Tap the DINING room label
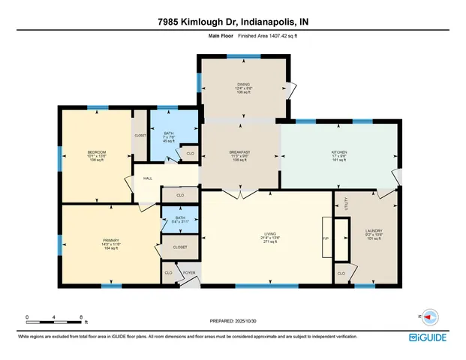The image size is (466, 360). [x=242, y=85]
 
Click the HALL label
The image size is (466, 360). [x=148, y=178]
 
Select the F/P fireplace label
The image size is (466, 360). [x=326, y=238]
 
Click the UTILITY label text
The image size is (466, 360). [x=346, y=203]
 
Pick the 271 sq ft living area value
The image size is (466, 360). [x=266, y=242]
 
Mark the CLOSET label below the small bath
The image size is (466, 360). [x=180, y=247]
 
